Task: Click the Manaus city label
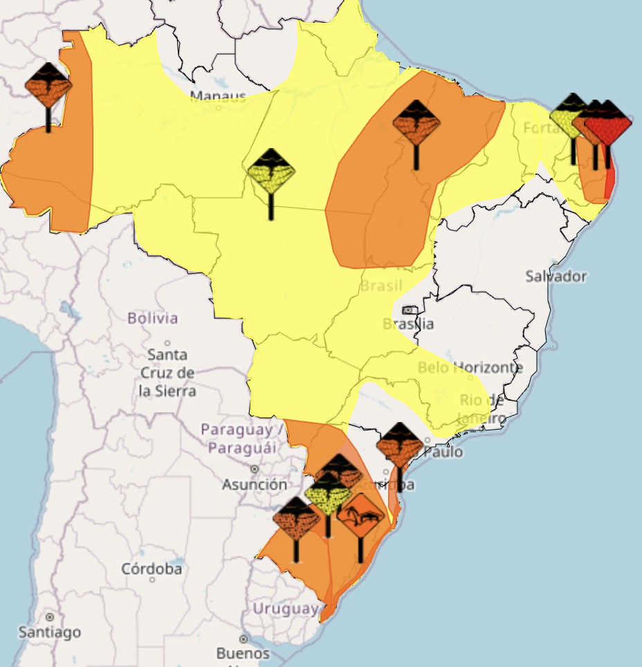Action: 218,95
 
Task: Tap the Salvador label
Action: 556,276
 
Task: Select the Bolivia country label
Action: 152,318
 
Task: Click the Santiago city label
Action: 50,632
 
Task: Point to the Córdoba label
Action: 152,569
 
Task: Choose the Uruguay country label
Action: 285,609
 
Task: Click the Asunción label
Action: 254,484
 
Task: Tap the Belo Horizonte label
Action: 470,367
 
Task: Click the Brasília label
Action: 408,323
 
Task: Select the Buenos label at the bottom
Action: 243,652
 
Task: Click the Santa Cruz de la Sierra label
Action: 167,373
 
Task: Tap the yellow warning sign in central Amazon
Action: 271,171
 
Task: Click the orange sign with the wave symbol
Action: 360,516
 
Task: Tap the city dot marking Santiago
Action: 50,616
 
